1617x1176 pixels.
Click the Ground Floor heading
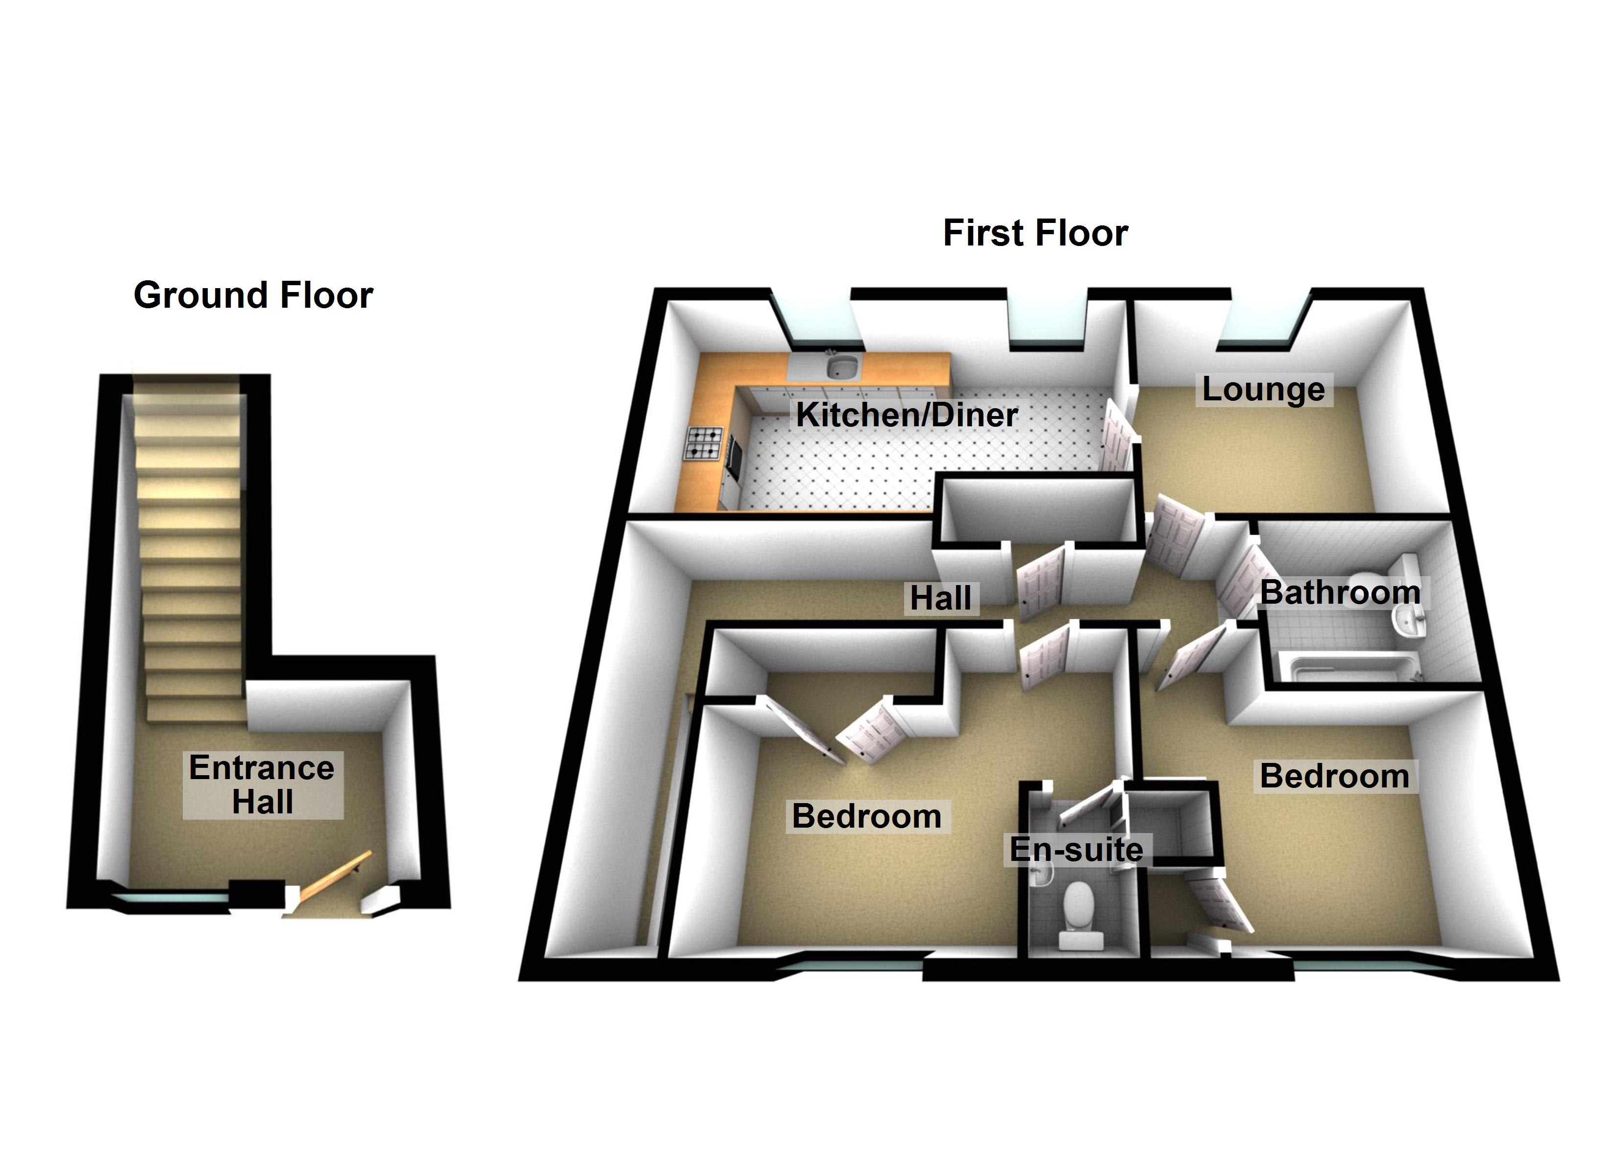pos(253,295)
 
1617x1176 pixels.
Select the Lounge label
pos(1263,390)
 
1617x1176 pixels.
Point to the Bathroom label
pos(1340,592)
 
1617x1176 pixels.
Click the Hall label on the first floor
pos(940,598)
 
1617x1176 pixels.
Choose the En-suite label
pos(1076,849)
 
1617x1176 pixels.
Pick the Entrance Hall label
pos(262,784)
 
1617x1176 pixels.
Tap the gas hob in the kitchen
pos(705,442)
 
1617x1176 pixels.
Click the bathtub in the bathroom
pos(1351,667)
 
